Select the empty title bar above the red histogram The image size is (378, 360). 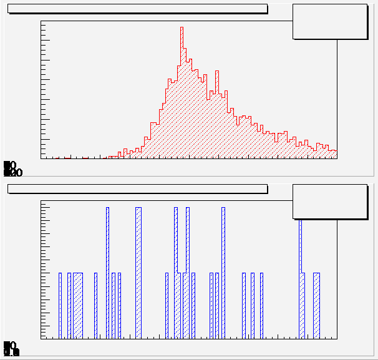pos(137,9)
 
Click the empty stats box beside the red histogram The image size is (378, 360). pos(330,21)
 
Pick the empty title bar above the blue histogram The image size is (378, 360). pos(137,188)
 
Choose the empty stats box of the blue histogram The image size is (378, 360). pos(330,201)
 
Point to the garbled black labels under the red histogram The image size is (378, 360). pos(12,168)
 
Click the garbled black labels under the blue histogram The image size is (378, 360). pos(11,349)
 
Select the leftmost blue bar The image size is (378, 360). pos(61,306)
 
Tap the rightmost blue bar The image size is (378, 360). pos(316,306)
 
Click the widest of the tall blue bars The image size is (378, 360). pos(138,275)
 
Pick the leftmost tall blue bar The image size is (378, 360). pos(107,275)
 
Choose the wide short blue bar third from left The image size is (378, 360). pos(78,306)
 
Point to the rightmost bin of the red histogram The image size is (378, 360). pos(334,154)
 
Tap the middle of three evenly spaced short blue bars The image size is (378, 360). pos(253,306)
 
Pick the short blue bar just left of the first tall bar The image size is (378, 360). pos(95,306)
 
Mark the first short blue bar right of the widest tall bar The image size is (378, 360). pos(167,306)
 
